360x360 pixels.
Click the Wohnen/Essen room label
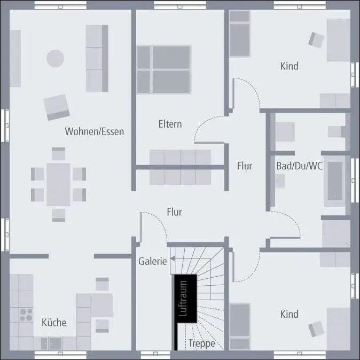click(x=95, y=131)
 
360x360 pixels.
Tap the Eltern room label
click(x=170, y=124)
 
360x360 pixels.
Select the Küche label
click(x=54, y=322)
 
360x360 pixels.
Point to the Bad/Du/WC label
click(x=299, y=166)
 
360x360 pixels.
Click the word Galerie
click(x=153, y=261)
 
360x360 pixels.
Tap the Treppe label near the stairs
click(x=201, y=343)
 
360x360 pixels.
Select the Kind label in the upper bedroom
click(x=289, y=66)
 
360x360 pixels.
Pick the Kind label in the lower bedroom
click(x=289, y=314)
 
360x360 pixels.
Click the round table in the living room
click(x=55, y=58)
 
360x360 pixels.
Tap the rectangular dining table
click(x=58, y=184)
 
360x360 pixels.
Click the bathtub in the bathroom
click(x=336, y=181)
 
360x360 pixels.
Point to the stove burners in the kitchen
click(x=26, y=314)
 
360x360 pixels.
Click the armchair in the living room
click(x=57, y=107)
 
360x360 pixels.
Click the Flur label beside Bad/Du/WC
click(x=245, y=166)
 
